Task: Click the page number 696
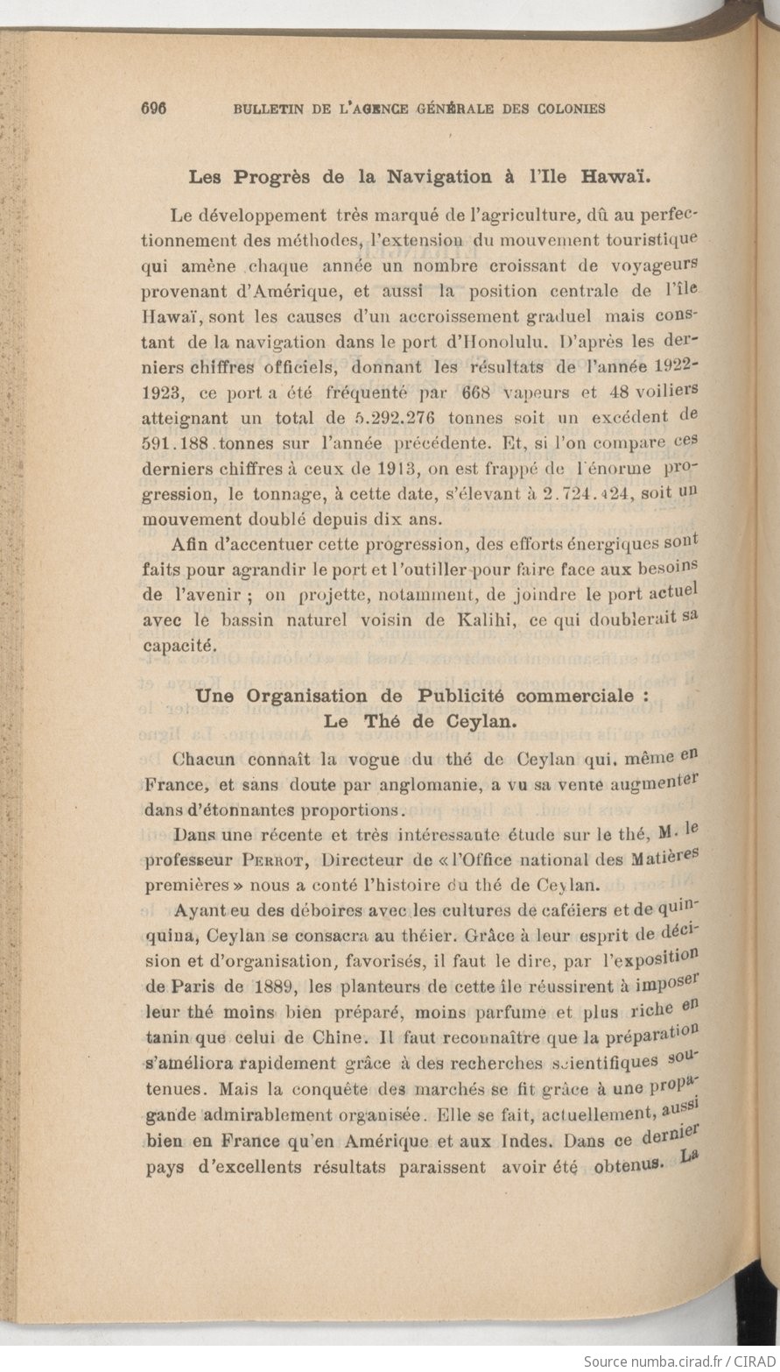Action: coord(153,109)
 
